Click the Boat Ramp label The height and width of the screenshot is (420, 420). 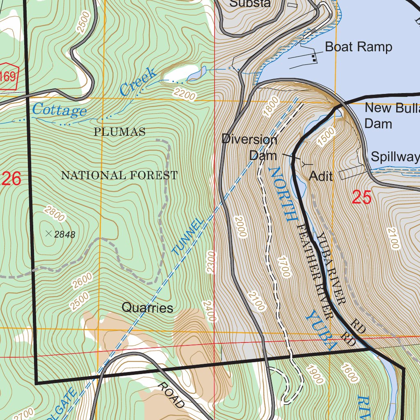pos(358,47)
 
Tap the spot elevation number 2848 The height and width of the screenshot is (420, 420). pos(65,235)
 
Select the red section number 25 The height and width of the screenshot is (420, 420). pos(362,198)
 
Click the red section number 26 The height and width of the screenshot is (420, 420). pos(11,179)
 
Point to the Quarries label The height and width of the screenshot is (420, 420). pos(147,308)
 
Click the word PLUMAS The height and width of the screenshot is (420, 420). pos(119,132)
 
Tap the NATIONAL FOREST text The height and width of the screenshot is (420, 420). pos(119,176)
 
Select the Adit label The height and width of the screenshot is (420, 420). pos(320,176)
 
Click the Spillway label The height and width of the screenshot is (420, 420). pos(395,157)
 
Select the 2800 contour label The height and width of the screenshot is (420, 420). pos(54,213)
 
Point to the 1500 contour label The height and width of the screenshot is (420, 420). pos(326,137)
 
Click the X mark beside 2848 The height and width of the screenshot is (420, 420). pos(48,234)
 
